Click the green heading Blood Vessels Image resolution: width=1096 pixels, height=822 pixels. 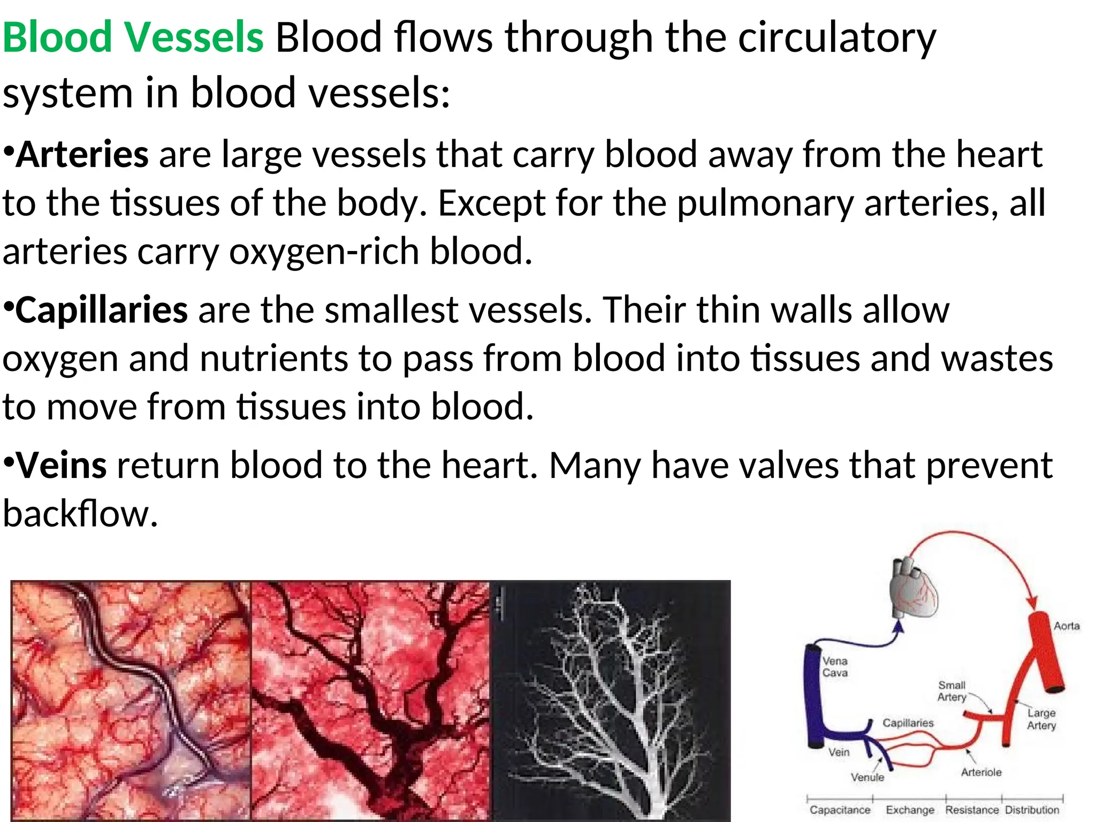[133, 37]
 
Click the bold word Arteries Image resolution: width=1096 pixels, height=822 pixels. [82, 155]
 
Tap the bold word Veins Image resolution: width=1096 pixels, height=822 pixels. [62, 465]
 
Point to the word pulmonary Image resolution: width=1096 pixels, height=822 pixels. [765, 203]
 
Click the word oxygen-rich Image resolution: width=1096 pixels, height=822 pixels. [324, 252]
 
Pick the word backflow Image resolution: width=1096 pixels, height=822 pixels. [80, 514]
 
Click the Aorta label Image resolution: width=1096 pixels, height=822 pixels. [1066, 626]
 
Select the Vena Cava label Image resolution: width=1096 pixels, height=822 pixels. [835, 667]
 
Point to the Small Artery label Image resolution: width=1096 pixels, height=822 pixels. [952, 691]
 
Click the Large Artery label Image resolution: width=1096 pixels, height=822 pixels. [1041, 719]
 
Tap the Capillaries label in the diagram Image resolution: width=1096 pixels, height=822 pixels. [908, 723]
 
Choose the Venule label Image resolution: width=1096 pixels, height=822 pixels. [867, 777]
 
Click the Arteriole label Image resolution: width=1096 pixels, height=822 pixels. [980, 772]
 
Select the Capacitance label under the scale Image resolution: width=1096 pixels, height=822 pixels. [840, 810]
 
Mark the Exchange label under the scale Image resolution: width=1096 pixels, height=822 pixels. [910, 810]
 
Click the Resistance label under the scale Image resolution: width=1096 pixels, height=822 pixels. [972, 810]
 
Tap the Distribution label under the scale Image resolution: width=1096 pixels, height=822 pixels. [1032, 810]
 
